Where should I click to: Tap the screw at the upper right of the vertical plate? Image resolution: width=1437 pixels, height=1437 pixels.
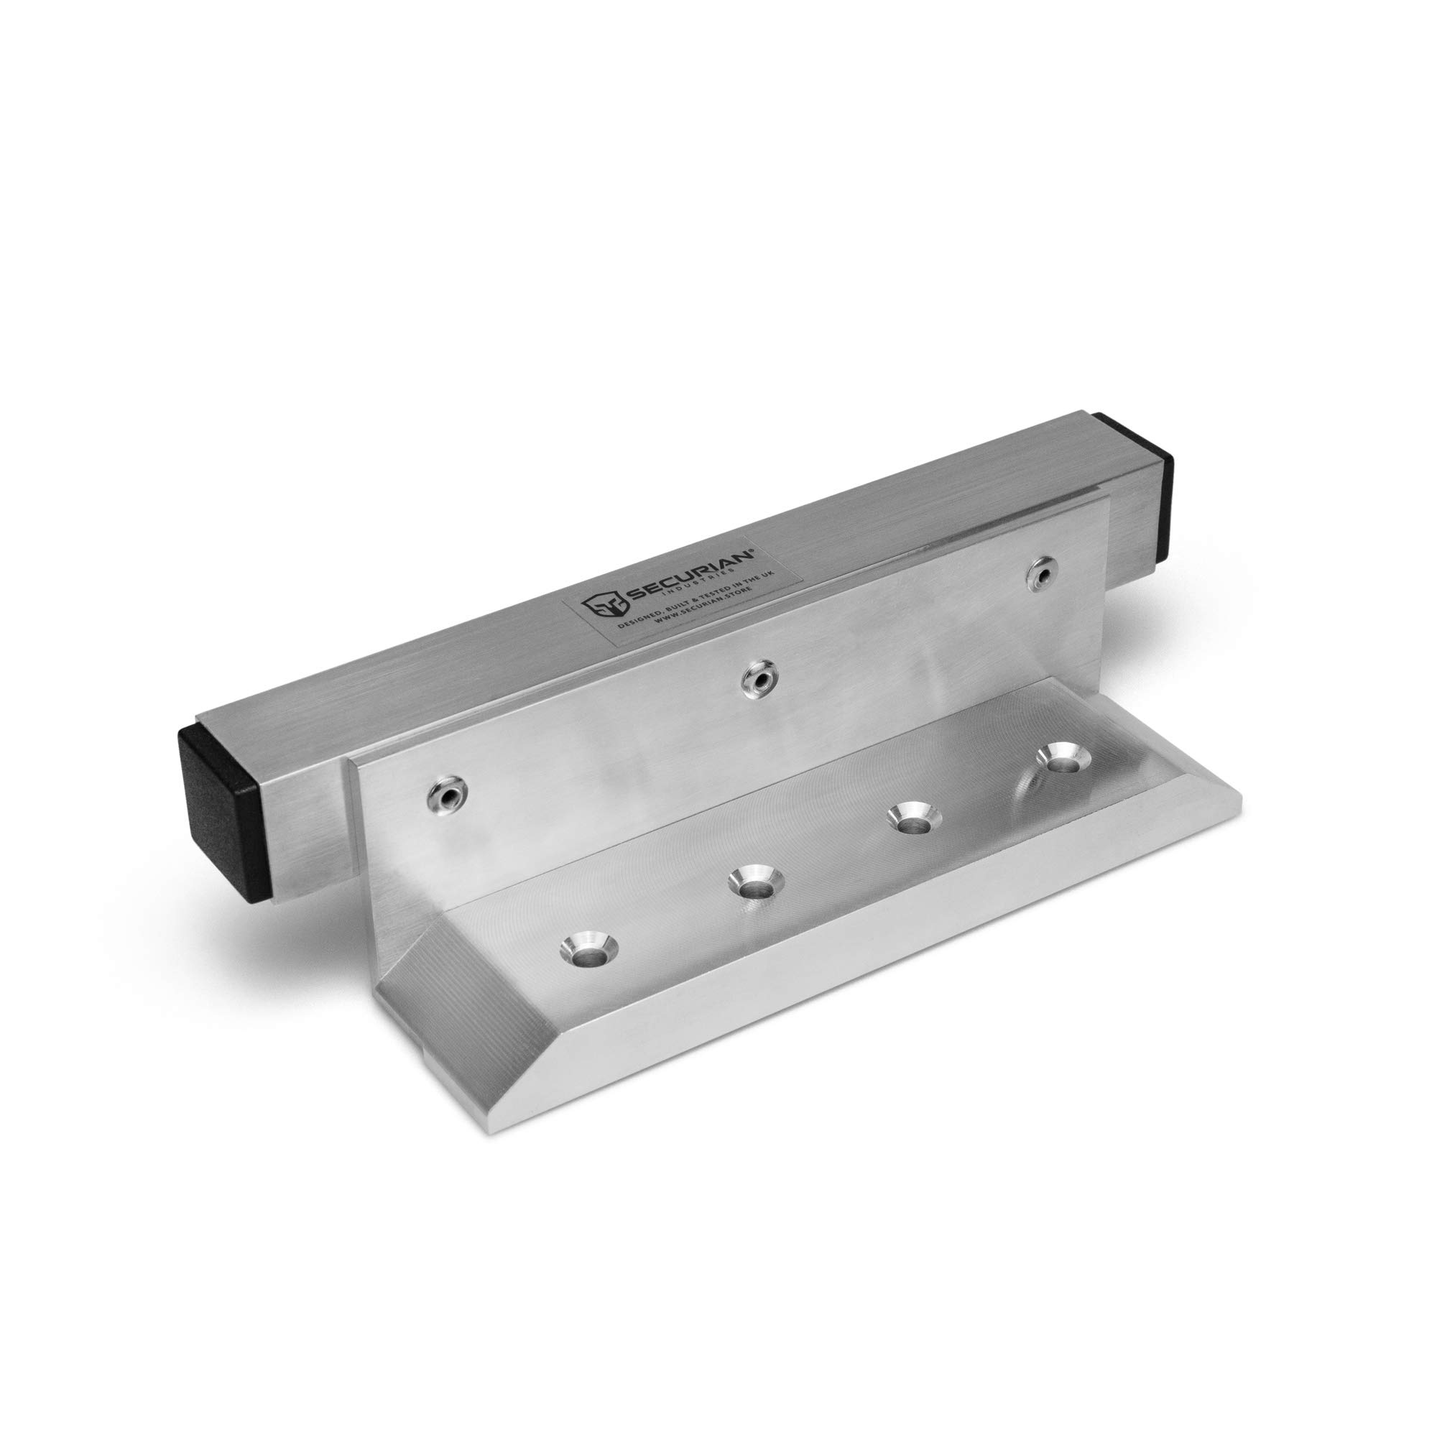coord(1042,573)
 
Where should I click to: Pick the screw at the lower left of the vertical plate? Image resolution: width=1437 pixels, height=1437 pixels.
coord(445,797)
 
